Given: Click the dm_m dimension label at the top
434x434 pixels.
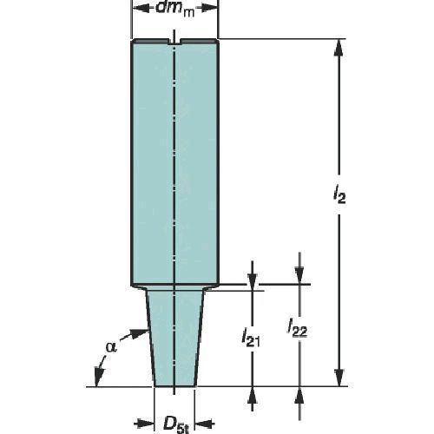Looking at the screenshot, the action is [174, 10].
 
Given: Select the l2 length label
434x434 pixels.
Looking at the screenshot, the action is [339, 196].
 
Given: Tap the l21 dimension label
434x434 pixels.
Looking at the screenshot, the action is [251, 338].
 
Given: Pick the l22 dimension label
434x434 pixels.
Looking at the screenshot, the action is [297, 328].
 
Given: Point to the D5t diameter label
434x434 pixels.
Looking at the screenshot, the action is [176, 425].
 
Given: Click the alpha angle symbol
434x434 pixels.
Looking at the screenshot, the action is [111, 346].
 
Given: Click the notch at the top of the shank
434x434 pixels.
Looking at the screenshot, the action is [174, 42].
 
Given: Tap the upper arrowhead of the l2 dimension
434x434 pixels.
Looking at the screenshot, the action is [339, 47].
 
